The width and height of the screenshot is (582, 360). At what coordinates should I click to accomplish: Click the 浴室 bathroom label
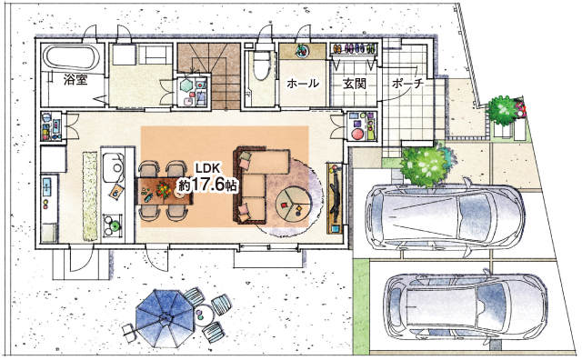[x=75, y=80]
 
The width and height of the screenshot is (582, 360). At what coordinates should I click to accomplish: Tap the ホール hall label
[x=303, y=84]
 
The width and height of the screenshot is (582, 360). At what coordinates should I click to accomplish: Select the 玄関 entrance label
[x=355, y=84]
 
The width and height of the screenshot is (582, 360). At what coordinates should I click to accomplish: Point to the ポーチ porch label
[x=407, y=84]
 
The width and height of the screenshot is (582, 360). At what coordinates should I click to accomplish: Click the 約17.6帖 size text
[x=208, y=185]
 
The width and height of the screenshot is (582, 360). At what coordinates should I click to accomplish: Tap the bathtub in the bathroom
[x=72, y=57]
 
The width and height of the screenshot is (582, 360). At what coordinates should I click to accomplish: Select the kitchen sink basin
[x=113, y=168]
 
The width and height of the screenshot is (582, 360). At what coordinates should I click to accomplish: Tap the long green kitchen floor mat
[x=89, y=195]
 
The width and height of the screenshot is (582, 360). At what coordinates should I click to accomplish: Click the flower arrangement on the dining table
[x=164, y=189]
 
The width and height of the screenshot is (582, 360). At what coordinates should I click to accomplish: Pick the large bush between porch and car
[x=426, y=165]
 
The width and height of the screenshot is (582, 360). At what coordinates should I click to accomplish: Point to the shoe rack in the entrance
[x=353, y=49]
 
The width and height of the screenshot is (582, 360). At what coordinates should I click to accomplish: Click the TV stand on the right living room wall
[x=336, y=198]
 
